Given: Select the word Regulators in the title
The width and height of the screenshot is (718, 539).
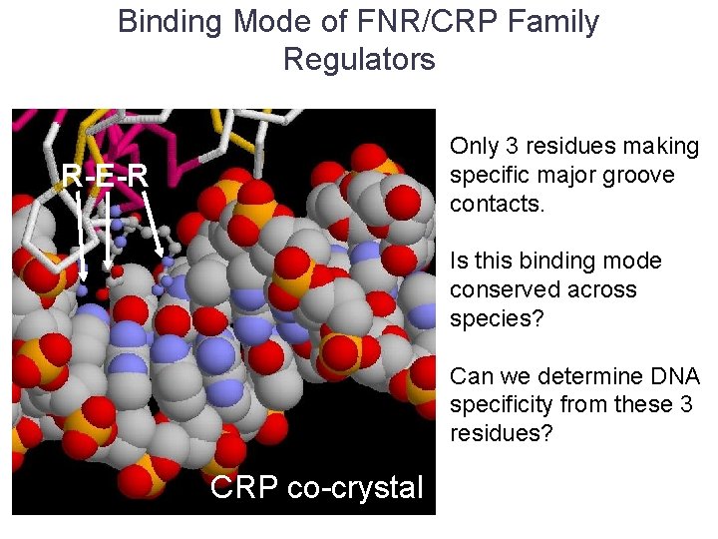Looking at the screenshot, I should [359, 59].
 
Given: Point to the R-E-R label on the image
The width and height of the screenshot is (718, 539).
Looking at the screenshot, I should [105, 177].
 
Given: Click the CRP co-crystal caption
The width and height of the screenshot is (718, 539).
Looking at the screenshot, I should [317, 487].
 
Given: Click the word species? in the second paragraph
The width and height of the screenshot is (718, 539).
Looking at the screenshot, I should [489, 319].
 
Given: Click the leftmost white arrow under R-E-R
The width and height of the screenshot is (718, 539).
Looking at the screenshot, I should [81, 236].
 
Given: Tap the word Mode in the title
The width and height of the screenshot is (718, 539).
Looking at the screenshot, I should [274, 22].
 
